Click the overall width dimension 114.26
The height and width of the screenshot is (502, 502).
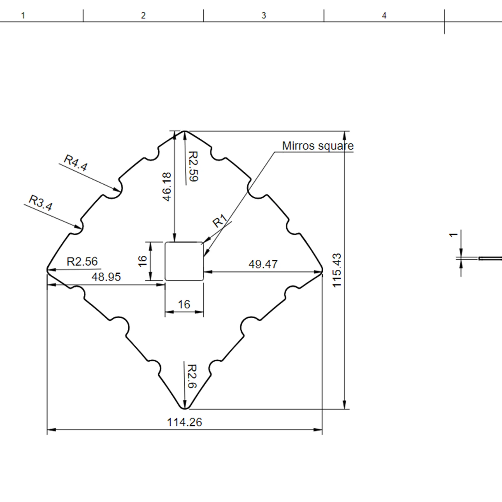pos(184,422)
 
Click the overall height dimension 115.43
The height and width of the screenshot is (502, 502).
pos(337,270)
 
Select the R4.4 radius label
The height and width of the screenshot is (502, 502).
pos(76,163)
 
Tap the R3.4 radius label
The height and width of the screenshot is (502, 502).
pos(41,203)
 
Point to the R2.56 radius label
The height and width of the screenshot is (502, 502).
pos(82,262)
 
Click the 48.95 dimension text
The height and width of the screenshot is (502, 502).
pos(106,277)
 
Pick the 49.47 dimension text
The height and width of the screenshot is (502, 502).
pos(263,264)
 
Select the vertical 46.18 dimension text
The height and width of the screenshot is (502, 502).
pos(167,187)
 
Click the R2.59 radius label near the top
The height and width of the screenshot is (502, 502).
pos(193,166)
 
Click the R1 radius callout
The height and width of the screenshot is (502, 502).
pos(219,221)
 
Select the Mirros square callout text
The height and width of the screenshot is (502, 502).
pos(318,146)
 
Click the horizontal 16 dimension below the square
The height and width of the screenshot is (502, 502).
pos(184,304)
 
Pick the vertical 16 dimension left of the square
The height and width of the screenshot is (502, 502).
pos(143,261)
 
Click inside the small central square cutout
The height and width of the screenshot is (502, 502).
pos(184,261)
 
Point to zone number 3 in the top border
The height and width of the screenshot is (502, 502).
pos(264,15)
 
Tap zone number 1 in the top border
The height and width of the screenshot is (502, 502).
pos(23,15)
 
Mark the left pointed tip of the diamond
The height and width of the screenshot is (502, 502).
pos(47,270)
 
